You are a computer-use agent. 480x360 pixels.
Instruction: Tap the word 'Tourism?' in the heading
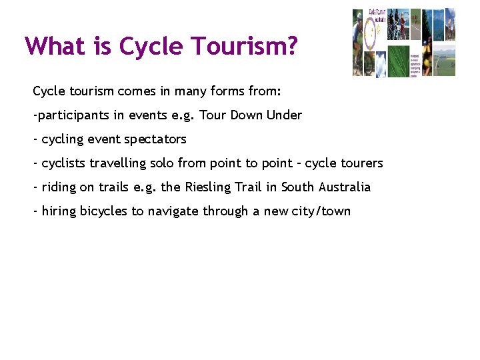click(x=244, y=46)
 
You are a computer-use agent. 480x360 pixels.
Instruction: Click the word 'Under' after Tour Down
click(x=284, y=115)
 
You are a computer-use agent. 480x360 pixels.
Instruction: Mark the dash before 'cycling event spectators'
click(x=35, y=139)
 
